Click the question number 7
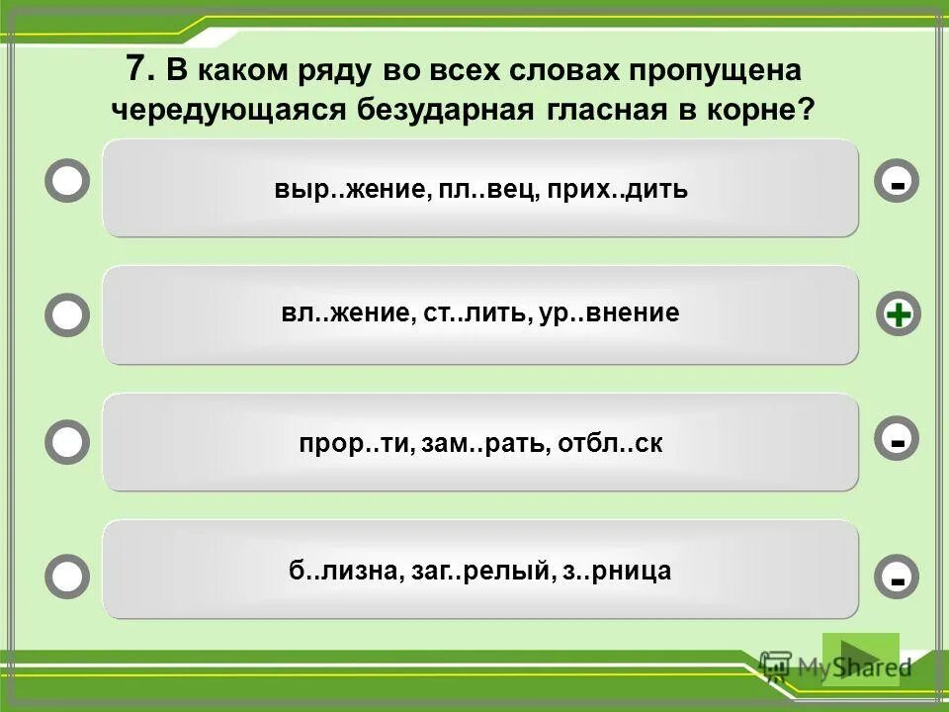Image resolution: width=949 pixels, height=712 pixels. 139,69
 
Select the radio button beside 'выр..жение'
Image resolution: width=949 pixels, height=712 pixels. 67,182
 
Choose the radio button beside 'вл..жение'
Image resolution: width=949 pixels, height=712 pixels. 67,315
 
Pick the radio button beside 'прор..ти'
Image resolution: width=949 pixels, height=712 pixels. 67,441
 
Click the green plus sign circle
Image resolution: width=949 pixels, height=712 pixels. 898,315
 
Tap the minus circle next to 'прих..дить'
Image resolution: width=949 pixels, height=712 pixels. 898,182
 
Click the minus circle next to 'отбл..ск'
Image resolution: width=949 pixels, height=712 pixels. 898,441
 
